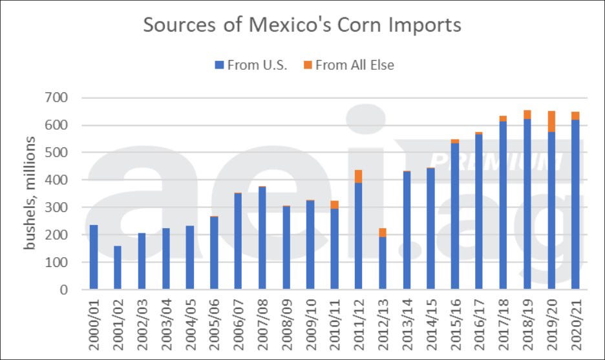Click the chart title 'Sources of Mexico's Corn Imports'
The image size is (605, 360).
click(302, 25)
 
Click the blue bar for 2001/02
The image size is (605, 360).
click(118, 268)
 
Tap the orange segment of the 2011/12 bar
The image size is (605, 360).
click(358, 176)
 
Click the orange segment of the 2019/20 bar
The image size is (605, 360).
click(551, 122)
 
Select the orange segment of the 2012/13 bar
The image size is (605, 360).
click(382, 232)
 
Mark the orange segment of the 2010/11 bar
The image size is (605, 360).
click(334, 204)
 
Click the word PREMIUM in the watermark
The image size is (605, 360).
click(495, 162)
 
